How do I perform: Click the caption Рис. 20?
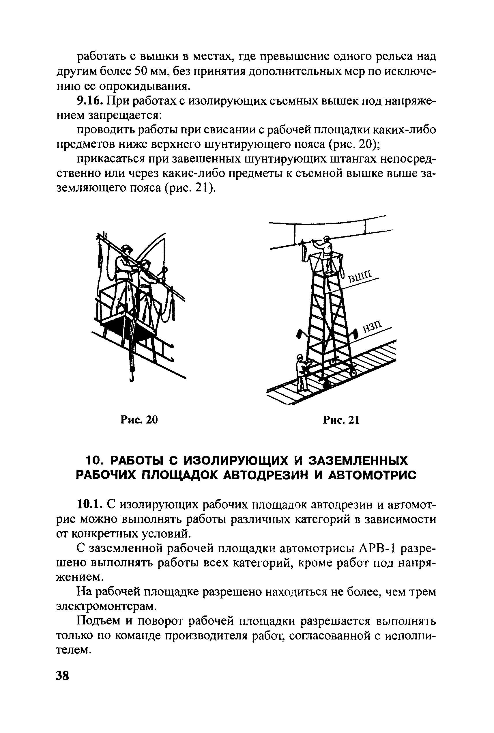139,420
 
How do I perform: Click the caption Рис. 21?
341,420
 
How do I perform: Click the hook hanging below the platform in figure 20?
132,375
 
